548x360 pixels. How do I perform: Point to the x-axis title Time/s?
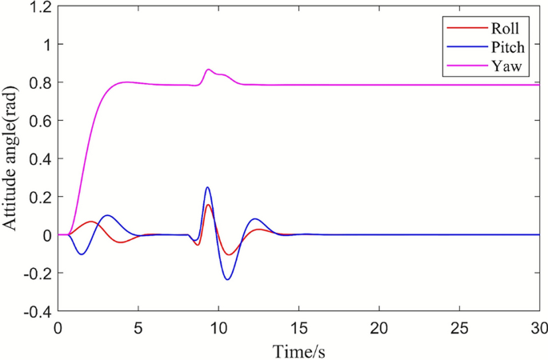pyautogui.click(x=298, y=350)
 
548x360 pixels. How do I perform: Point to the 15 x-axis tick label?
pyautogui.click(x=298, y=329)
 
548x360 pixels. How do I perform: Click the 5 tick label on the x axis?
pyautogui.click(x=138, y=329)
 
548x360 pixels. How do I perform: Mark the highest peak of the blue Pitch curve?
pyautogui.click(x=208, y=188)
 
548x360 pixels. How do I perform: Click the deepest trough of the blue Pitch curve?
pyautogui.click(x=228, y=279)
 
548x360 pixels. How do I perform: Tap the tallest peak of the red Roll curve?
pyautogui.click(x=208, y=205)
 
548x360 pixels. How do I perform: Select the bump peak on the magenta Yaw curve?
pyautogui.click(x=209, y=70)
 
